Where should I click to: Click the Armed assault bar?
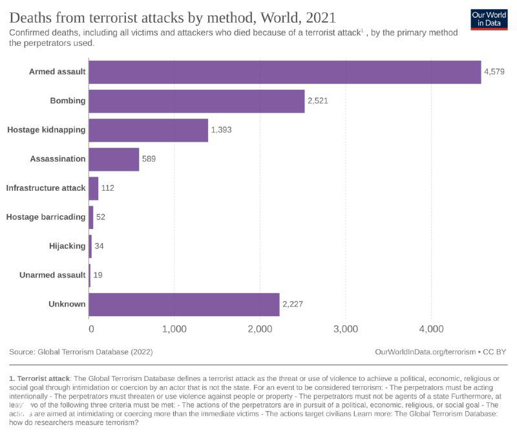284,72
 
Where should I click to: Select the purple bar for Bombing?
196,101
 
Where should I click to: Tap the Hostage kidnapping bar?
148,130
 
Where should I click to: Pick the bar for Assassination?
114,159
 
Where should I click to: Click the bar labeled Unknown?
184,304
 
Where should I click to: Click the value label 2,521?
318,101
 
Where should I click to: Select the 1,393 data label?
221,130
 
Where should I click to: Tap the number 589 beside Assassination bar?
149,159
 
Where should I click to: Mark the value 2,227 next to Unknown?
293,304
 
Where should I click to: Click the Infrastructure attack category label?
46,188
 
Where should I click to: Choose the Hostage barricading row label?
46,217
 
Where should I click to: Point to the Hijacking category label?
67,246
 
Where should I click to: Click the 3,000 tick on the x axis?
345,329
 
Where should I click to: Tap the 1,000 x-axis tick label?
174,329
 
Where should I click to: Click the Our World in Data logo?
489,19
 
